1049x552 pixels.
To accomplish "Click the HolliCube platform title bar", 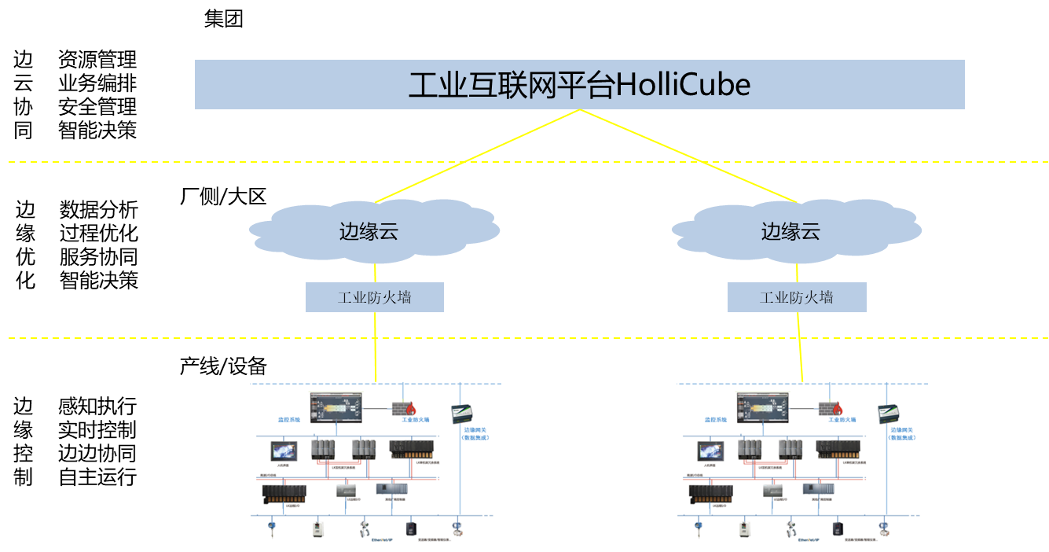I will [x=579, y=84].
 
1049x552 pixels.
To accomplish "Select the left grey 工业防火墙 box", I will [x=374, y=297].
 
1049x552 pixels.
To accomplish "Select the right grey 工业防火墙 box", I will [x=797, y=297].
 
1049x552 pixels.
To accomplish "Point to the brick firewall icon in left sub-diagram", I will [x=405, y=408].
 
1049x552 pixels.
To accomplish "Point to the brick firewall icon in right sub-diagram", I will [x=831, y=408].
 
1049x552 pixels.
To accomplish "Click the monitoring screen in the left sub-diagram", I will [x=336, y=408].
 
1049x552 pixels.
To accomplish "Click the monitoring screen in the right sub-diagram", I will [x=763, y=408].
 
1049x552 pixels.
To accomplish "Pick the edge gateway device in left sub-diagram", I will [x=464, y=413].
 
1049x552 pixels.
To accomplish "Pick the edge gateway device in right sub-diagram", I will [x=891, y=413].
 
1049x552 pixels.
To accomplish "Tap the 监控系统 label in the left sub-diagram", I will [x=288, y=420].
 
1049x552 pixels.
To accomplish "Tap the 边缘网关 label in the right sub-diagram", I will [x=902, y=430].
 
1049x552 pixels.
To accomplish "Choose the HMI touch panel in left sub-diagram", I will [x=284, y=451].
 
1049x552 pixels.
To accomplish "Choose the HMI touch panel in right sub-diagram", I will [x=710, y=451].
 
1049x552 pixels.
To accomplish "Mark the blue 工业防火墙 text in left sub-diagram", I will [x=416, y=420].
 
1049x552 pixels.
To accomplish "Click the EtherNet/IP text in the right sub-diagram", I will [x=809, y=540].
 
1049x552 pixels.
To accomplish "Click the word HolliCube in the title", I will [x=682, y=84].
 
